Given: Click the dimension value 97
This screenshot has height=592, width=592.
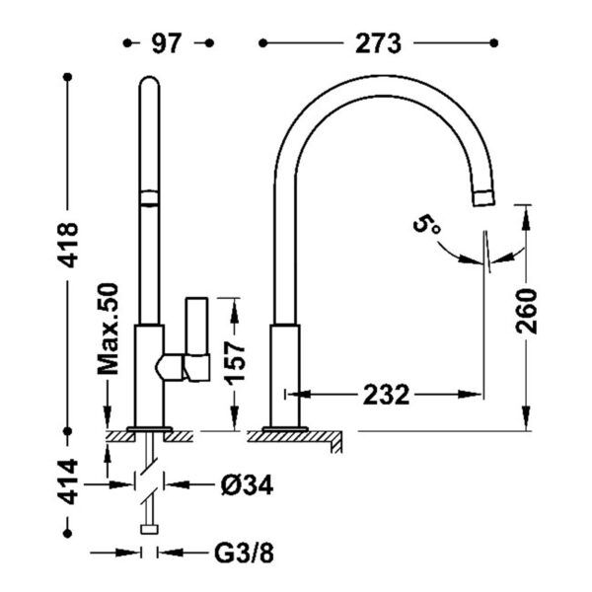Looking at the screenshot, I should pyautogui.click(x=165, y=43).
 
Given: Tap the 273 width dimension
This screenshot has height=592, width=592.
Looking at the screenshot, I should pyautogui.click(x=378, y=43).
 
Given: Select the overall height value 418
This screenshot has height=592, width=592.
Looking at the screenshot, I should pyautogui.click(x=68, y=257).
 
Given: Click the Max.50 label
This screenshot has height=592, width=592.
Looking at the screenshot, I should pyautogui.click(x=109, y=330).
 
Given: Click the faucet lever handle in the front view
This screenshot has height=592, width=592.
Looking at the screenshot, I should pyautogui.click(x=196, y=341).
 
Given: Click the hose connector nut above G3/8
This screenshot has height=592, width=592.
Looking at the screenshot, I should pyautogui.click(x=149, y=528).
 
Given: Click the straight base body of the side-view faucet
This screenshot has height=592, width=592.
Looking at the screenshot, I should pyautogui.click(x=285, y=375).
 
